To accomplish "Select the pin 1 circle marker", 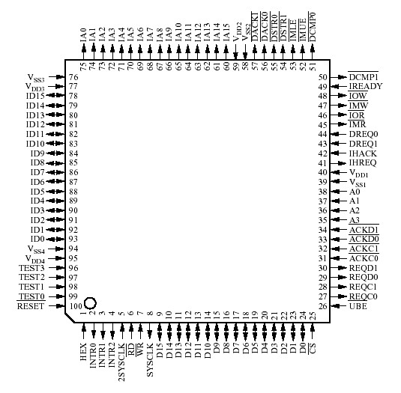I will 90,302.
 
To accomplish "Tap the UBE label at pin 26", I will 358,306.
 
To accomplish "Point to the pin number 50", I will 322,77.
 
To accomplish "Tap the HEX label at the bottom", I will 83,353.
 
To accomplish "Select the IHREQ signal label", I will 363,162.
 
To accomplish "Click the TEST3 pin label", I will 31,268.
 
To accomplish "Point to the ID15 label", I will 35,96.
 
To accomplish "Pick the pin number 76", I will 73,77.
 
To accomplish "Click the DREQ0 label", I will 364,134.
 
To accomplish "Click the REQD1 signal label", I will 364,268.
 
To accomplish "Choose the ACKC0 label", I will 364,258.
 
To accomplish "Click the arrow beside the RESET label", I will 58,306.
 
